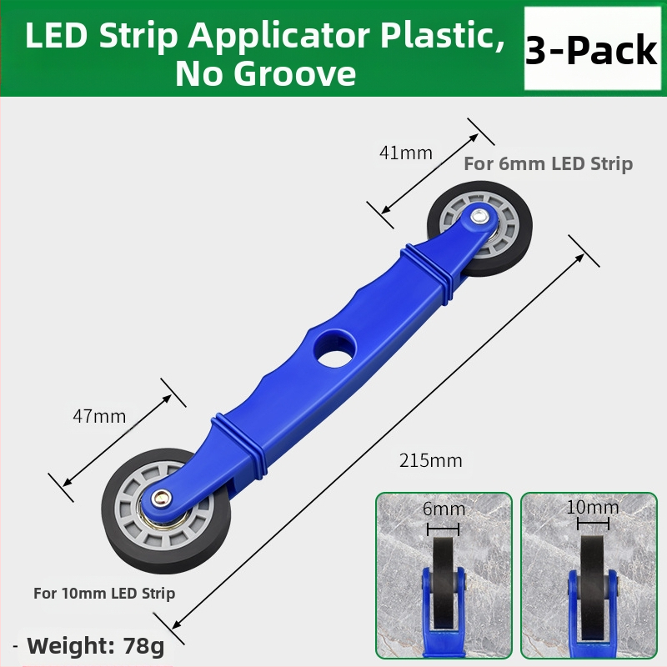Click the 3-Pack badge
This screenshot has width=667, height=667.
[592, 48]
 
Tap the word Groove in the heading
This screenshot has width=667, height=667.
[295, 74]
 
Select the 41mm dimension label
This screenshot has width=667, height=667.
[406, 153]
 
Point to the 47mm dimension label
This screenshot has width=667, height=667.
[99, 416]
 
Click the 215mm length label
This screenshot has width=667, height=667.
[430, 461]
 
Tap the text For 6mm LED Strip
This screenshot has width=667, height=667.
[548, 163]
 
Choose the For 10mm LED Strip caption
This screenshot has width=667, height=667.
[104, 594]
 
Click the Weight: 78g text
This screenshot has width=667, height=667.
[95, 645]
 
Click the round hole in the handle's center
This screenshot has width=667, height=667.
[335, 352]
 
